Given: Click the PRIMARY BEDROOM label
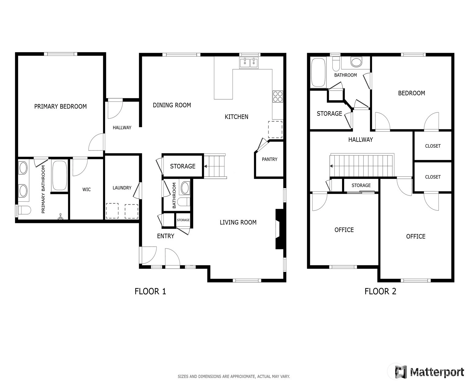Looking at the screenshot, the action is coord(60,107).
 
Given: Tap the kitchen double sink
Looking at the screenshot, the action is coord(249,63).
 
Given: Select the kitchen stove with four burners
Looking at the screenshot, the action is coord(277,97).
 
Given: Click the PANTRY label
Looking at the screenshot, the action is coord(269,159).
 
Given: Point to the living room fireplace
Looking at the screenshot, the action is coord(279,229).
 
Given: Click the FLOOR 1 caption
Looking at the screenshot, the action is coord(150,291).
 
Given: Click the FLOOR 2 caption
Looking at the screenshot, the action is coord(380,291).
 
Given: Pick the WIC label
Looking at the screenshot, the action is coord(86,189).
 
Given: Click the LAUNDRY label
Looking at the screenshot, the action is coord(122,188).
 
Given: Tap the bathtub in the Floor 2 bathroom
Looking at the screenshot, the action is coord(318,72).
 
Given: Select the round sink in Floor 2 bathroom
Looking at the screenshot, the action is coord(356,62).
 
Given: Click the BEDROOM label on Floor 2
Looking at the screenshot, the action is coord(411,93).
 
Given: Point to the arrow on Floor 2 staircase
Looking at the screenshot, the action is coord(331,166).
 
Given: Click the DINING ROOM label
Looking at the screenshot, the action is coord(172,105).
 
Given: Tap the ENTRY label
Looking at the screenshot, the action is coord(166,236).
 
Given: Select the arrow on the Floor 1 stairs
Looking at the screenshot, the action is coord(205,166).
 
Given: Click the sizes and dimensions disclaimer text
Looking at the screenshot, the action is coord(234,376).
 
